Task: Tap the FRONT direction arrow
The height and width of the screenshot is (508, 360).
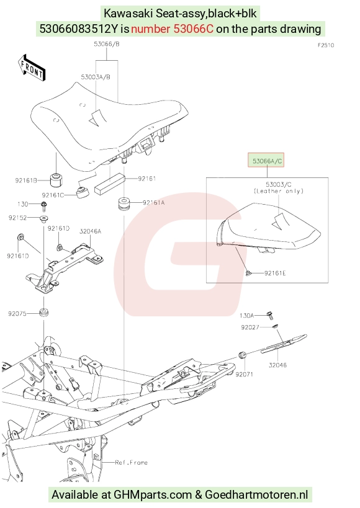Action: click(x=32, y=68)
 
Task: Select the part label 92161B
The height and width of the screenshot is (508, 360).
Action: click(x=26, y=180)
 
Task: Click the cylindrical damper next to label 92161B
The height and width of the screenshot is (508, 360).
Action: click(x=56, y=180)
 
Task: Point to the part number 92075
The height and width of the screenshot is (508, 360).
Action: click(x=17, y=314)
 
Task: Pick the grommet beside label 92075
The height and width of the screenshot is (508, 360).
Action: click(x=43, y=313)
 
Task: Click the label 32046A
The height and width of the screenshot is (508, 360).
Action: click(x=91, y=231)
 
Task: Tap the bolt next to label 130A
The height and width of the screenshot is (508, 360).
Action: click(x=269, y=314)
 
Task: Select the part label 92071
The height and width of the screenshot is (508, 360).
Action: click(x=244, y=374)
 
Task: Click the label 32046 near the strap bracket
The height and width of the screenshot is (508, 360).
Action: click(x=277, y=365)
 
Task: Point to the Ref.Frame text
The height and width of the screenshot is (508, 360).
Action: click(x=132, y=462)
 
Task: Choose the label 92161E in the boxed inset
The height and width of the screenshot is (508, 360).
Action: click(x=275, y=273)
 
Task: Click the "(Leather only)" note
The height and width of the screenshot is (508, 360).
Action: click(x=279, y=191)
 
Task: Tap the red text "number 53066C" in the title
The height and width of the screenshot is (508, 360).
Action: click(x=172, y=29)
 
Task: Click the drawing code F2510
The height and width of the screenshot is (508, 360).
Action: click(x=326, y=45)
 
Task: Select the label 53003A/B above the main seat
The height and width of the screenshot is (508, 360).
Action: click(x=96, y=77)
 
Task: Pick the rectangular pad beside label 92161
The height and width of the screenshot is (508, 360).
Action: click(x=110, y=184)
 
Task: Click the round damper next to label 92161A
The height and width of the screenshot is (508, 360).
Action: click(x=124, y=203)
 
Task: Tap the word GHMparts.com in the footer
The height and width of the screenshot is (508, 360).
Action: click(x=153, y=495)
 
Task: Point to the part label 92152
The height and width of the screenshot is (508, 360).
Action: click(x=17, y=218)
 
